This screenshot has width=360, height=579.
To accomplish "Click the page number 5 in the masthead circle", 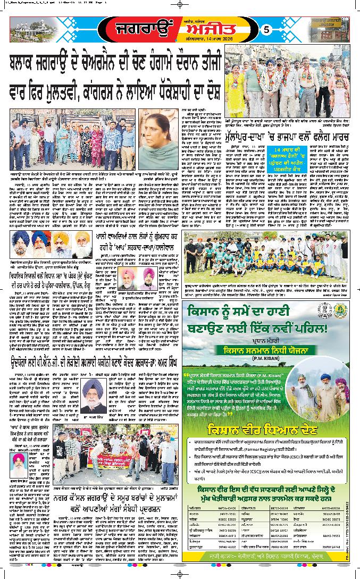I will [x=267, y=30].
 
